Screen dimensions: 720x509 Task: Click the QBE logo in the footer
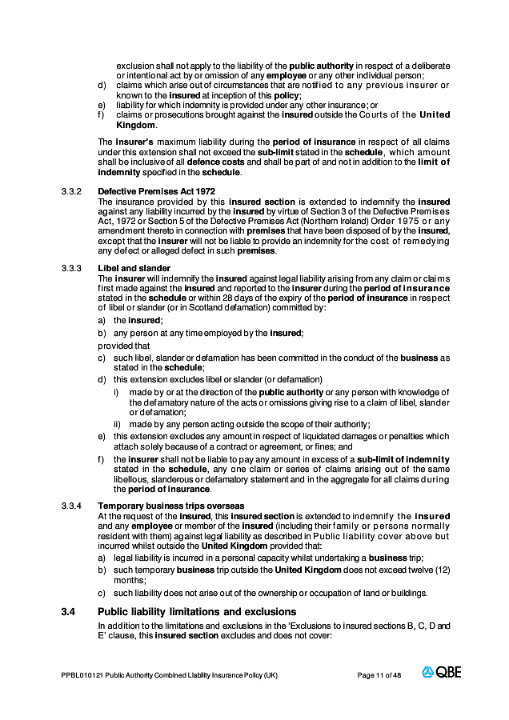(442, 672)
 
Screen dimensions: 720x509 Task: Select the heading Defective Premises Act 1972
(156, 190)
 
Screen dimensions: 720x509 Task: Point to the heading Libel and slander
(134, 268)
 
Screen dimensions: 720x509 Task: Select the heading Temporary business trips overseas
(170, 506)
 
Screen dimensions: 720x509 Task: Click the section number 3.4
(68, 612)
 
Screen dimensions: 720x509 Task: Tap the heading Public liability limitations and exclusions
(197, 612)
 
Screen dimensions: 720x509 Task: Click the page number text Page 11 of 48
(379, 675)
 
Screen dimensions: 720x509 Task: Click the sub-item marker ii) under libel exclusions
(117, 424)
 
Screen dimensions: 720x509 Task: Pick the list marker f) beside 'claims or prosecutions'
(101, 115)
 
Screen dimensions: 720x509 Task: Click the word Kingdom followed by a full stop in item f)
(135, 126)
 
